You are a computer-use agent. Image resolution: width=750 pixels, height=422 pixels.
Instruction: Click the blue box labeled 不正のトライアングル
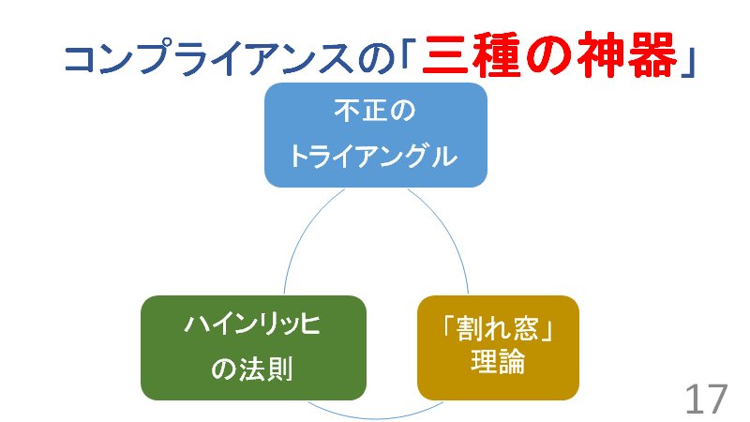click(375, 134)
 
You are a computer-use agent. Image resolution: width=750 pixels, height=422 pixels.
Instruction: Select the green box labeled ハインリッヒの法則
click(252, 347)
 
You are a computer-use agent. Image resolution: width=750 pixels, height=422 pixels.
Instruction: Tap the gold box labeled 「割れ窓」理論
click(498, 347)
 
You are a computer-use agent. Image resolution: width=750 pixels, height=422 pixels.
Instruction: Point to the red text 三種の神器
click(548, 58)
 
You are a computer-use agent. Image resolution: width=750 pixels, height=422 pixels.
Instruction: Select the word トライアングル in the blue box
click(374, 156)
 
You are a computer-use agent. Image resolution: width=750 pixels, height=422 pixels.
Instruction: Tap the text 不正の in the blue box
click(374, 113)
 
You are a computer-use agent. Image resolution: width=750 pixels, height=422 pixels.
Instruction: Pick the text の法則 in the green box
click(252, 369)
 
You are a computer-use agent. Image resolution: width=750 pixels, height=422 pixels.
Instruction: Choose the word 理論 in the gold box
click(498, 363)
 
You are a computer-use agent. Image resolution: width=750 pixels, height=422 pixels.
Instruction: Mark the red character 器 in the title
click(648, 58)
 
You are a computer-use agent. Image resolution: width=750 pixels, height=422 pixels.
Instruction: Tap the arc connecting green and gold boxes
click(375, 413)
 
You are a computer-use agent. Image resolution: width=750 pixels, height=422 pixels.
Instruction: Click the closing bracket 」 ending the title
click(689, 60)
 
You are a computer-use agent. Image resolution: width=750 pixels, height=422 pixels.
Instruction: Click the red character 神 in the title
click(597, 58)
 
